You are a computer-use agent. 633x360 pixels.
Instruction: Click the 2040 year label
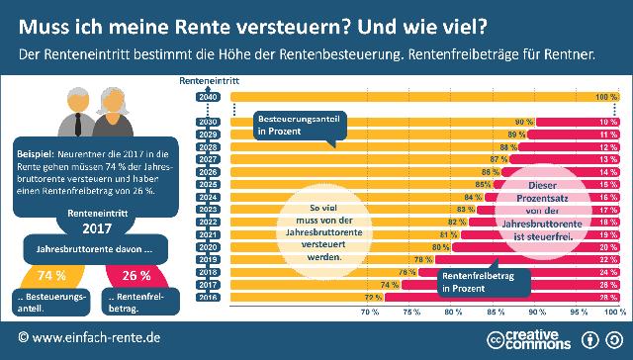click(207, 97)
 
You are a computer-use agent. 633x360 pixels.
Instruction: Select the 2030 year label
click(207, 122)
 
